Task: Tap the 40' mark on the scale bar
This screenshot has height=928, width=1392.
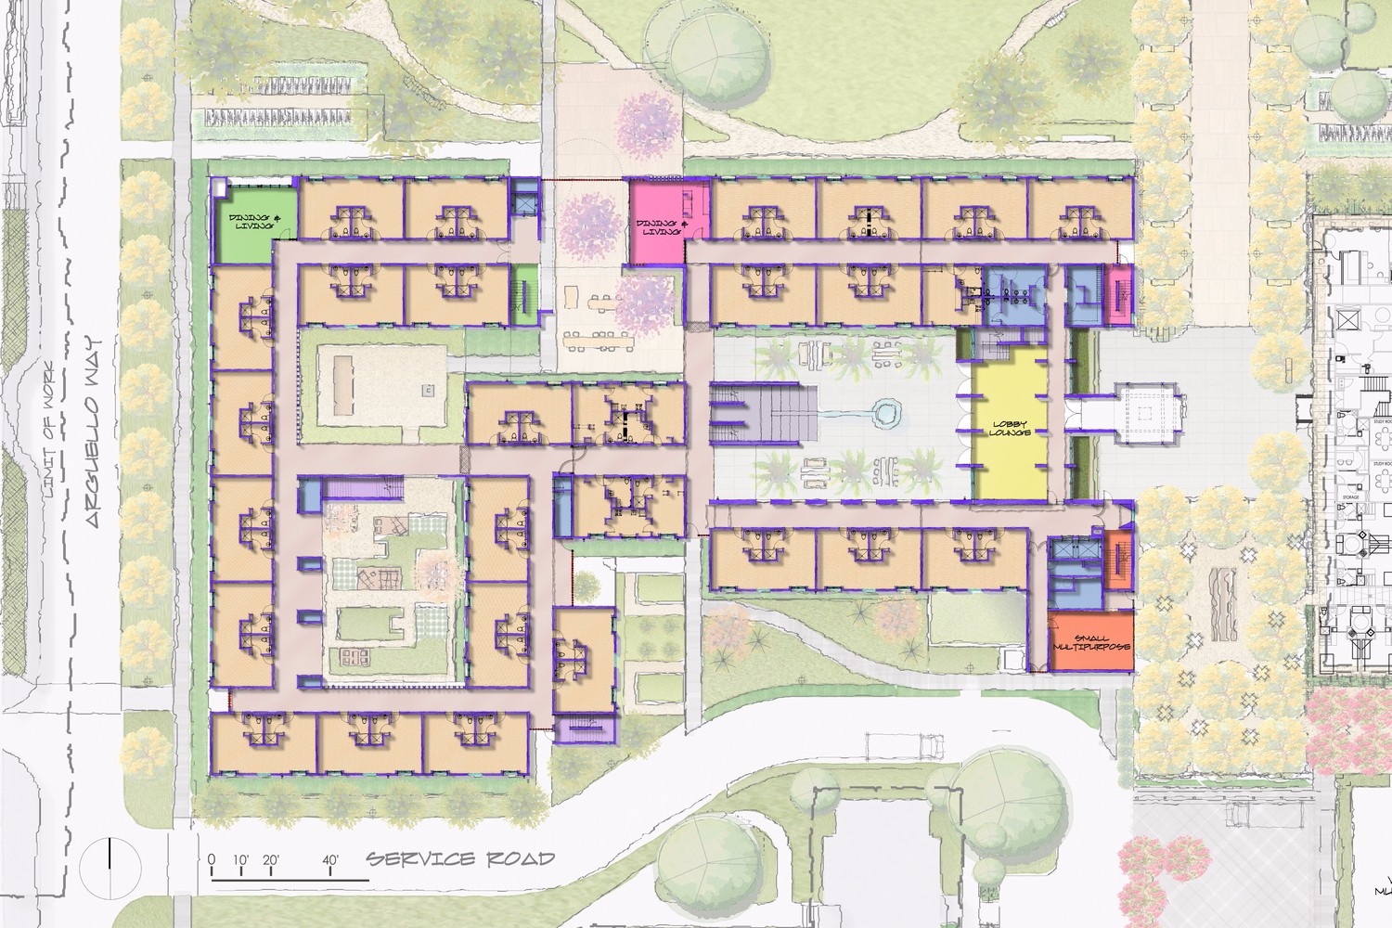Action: tap(329, 859)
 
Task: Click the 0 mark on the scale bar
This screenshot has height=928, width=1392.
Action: tap(212, 859)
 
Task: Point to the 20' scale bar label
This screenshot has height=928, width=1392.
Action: tap(271, 859)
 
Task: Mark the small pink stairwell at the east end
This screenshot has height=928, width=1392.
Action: tap(1119, 294)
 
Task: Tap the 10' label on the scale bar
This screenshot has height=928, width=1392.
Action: tap(240, 859)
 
